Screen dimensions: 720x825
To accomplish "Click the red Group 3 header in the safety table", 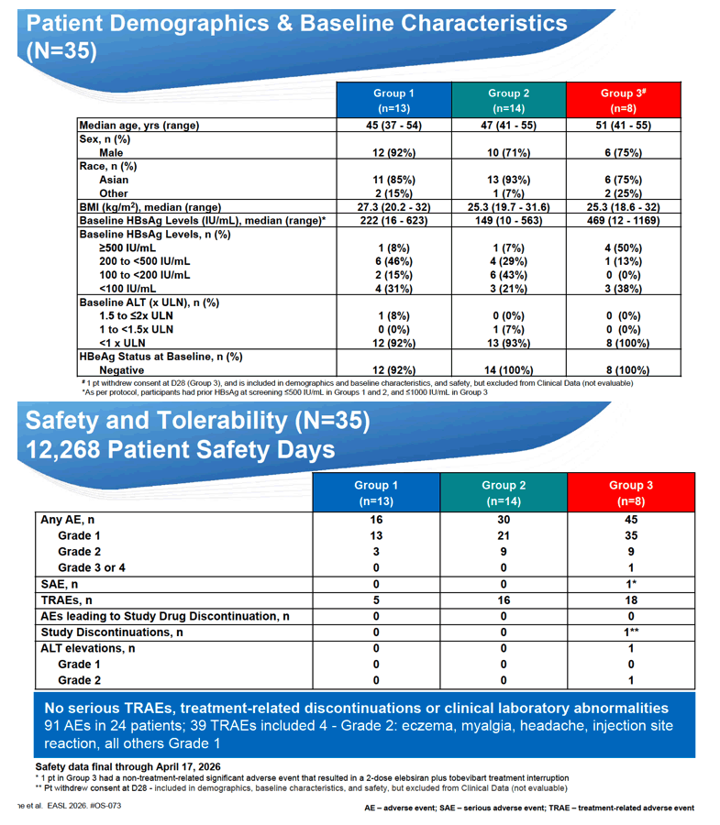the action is (x=631, y=492).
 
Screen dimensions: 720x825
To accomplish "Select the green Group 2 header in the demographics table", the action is (x=509, y=100).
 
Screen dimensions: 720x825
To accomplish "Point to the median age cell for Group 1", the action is (x=393, y=126).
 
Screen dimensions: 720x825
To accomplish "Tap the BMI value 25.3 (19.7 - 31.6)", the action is (x=508, y=207).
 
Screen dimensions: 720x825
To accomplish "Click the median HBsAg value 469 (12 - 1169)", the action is (x=623, y=220).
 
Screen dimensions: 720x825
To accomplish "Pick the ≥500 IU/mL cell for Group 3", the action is (x=623, y=247).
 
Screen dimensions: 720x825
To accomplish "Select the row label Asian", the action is (x=114, y=180).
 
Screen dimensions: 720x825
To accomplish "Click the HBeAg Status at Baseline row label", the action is (x=161, y=357).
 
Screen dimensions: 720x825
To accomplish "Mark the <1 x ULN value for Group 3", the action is (x=627, y=343).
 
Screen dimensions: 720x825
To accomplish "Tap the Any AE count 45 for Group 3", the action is (x=631, y=520).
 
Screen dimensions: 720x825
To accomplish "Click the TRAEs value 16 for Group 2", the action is (x=504, y=600).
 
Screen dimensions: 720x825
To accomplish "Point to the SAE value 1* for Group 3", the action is (x=631, y=584).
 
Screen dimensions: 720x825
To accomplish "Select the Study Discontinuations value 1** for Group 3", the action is (x=632, y=632).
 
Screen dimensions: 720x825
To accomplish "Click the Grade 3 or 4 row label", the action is (x=92, y=567).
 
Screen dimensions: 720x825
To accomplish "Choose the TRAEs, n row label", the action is (x=66, y=600).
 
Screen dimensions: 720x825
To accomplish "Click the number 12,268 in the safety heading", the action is (x=62, y=450).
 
